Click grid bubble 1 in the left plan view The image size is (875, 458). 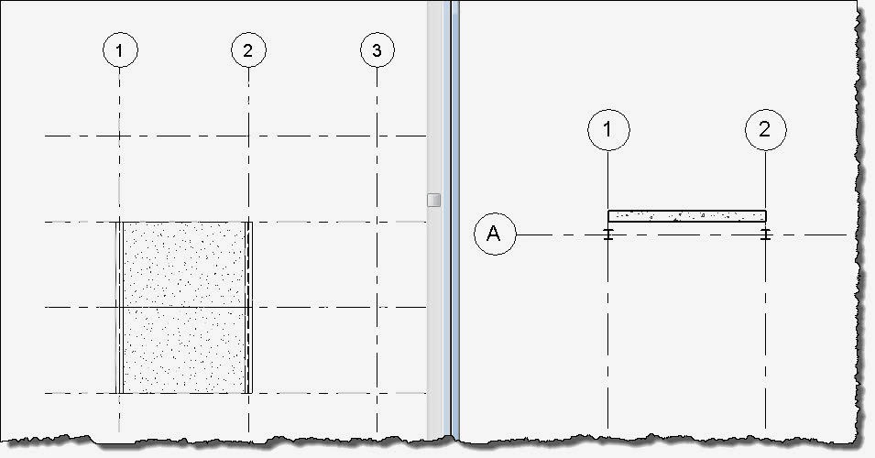[x=120, y=50]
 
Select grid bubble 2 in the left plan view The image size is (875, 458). [x=248, y=50]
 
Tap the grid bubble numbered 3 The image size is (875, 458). [x=377, y=50]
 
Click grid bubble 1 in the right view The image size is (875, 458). [x=608, y=130]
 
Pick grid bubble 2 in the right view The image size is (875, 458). [x=766, y=130]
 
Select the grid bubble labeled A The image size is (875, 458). [x=495, y=235]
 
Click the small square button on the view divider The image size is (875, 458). [x=434, y=200]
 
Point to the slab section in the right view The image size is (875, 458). [x=687, y=216]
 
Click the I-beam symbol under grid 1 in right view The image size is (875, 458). [x=608, y=235]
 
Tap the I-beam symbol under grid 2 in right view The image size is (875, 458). [x=766, y=235]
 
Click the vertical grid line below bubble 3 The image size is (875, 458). [x=377, y=275]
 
